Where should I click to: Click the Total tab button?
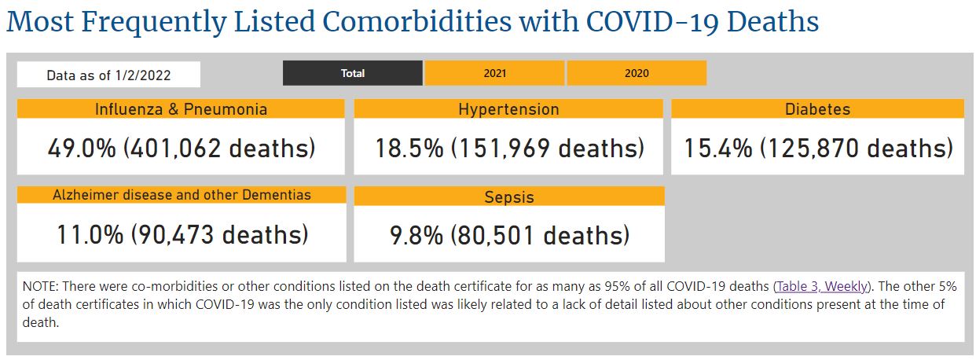[353, 73]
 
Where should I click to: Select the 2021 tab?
[494, 73]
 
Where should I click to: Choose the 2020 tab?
[637, 73]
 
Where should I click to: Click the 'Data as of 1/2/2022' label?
[108, 75]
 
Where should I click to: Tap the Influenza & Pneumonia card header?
[181, 109]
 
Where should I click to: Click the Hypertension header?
[508, 109]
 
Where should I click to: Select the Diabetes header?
[817, 109]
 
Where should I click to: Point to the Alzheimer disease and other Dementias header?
[182, 195]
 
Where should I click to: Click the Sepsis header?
[508, 197]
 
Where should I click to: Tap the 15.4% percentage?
[718, 148]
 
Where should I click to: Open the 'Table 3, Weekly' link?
[822, 286]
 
